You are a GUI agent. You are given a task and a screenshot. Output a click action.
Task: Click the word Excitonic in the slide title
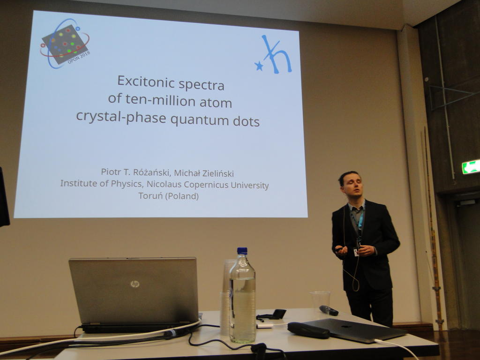(x=146, y=82)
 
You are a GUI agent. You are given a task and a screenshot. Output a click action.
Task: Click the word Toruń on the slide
(x=150, y=195)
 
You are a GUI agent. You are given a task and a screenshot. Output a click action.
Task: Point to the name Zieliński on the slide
(x=218, y=173)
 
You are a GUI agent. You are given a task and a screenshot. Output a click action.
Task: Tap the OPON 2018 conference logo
(x=65, y=43)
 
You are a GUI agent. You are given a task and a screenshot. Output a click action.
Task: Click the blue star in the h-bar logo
(x=259, y=66)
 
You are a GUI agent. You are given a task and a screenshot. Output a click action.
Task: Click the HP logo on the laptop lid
(x=135, y=284)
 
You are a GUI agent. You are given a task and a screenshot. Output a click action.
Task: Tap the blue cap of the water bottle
(x=242, y=251)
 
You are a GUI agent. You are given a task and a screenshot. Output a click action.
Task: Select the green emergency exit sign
(x=471, y=167)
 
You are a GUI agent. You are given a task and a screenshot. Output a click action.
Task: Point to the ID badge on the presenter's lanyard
(x=356, y=252)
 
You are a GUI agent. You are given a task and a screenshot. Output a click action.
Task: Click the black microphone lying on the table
(x=329, y=310)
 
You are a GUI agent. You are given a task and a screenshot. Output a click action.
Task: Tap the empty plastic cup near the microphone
(x=320, y=301)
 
